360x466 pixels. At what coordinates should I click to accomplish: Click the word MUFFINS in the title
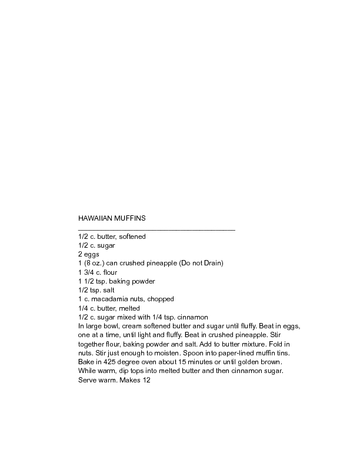[x=131, y=218]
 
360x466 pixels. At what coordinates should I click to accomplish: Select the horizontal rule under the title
[x=156, y=229]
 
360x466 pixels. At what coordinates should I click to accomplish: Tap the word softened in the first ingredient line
[x=133, y=237]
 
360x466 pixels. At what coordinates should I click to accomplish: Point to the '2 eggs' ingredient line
[x=89, y=254]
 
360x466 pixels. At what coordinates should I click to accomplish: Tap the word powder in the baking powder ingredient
[x=141, y=281]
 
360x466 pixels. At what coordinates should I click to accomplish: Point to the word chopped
[x=161, y=299]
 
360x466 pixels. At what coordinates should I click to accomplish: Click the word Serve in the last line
[x=87, y=380]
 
